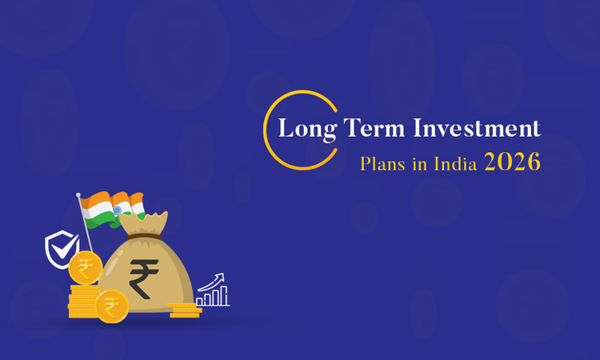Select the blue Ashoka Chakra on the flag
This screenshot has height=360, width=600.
117,210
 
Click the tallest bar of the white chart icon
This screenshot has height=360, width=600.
223,295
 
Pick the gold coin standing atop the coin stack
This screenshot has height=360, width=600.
84,267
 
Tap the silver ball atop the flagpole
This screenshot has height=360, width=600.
78,194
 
